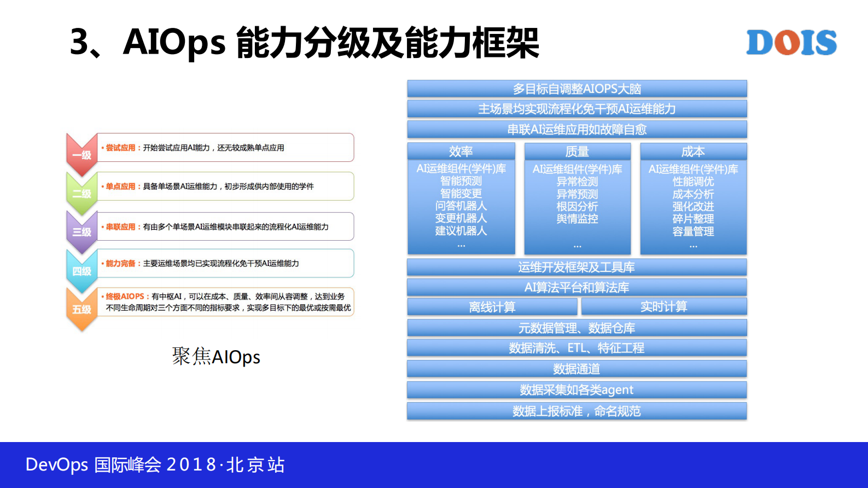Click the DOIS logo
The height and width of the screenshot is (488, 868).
791,43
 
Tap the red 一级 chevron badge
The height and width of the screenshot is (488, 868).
81,154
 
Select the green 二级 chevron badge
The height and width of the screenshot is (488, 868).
81,193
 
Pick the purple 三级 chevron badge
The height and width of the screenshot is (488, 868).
81,231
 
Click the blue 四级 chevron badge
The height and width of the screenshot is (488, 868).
81,270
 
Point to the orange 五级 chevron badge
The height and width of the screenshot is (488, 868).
81,309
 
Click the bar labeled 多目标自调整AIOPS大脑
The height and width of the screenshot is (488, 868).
576,89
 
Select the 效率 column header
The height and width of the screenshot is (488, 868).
461,152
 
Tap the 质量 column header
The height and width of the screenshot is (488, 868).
577,152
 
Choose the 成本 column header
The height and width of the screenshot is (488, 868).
693,152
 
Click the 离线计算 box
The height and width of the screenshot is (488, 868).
492,307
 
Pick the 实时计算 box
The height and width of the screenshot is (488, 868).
663,306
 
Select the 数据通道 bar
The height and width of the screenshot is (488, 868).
576,369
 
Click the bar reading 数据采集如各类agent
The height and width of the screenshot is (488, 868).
576,390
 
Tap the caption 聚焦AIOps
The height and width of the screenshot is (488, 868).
216,357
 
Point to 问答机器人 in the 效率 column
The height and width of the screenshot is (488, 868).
461,206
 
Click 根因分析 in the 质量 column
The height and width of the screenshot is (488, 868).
577,206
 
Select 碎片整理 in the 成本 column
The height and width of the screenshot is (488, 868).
693,219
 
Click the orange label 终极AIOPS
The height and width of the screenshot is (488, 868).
125,296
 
